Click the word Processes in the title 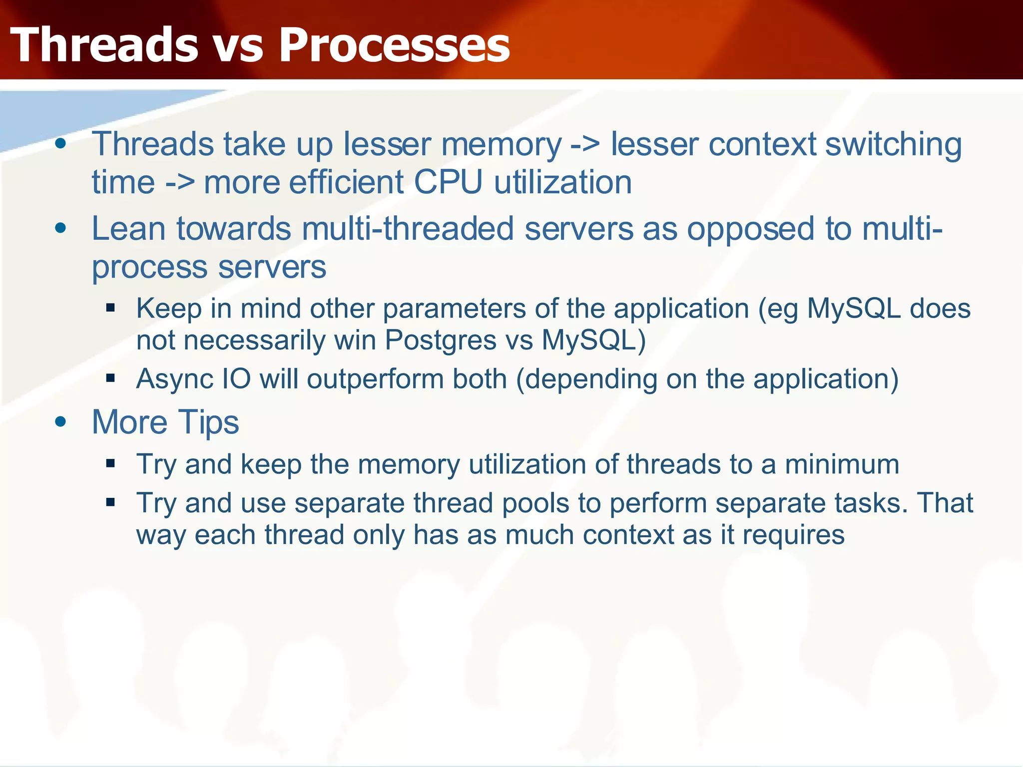394,45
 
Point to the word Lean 128,229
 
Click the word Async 175,379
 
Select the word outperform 375,379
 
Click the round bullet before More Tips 61,422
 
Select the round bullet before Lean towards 61,229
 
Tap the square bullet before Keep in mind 111,308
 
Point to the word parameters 454,309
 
